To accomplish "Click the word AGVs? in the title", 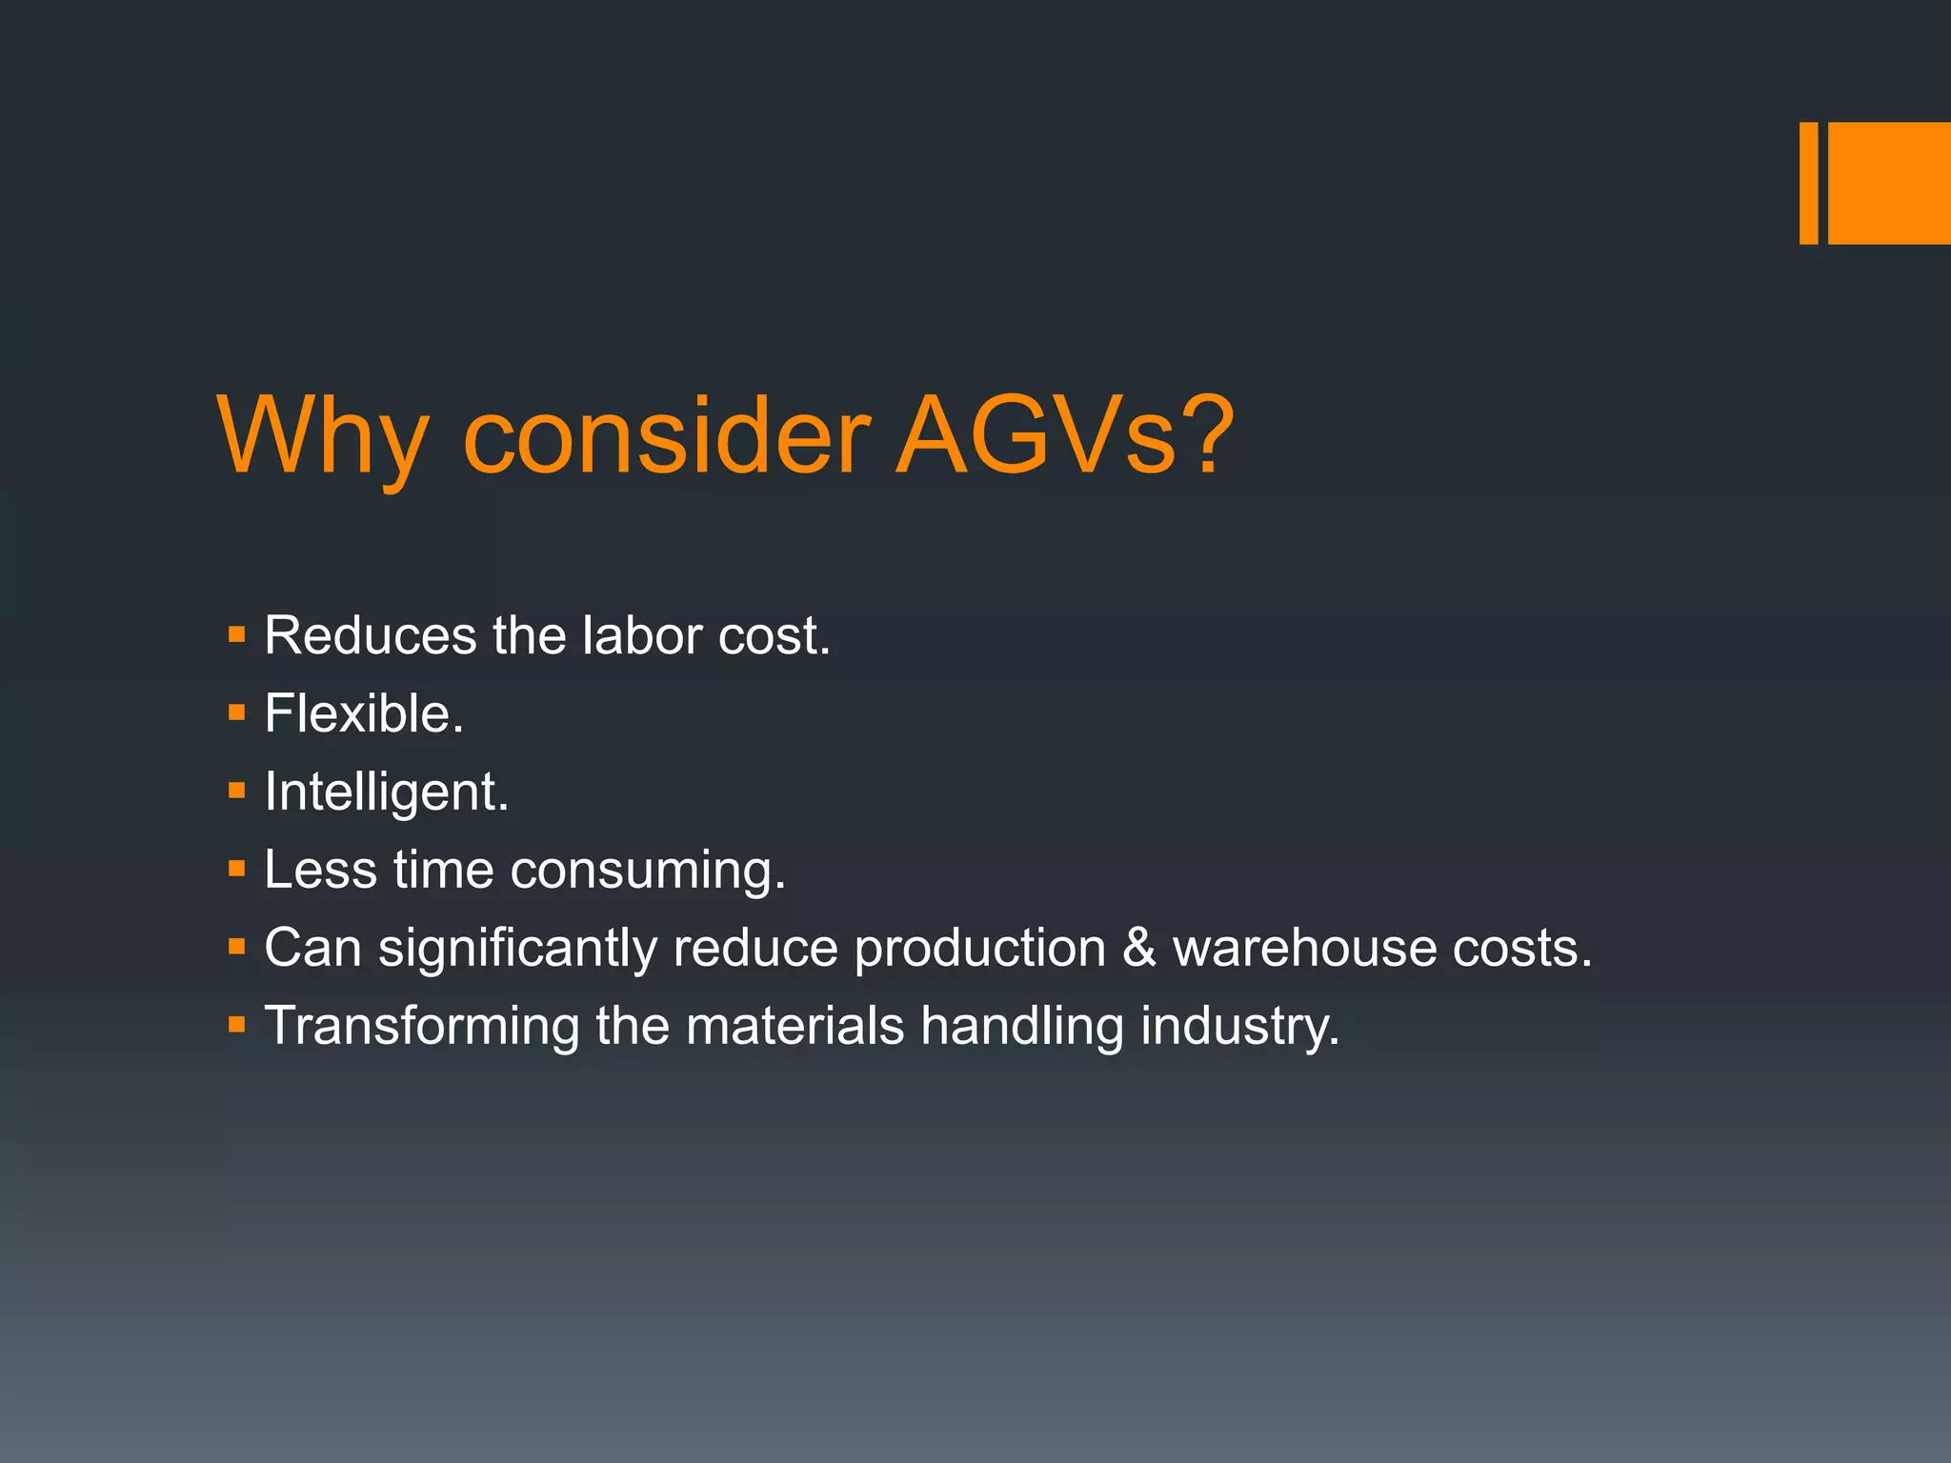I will click(x=1064, y=436).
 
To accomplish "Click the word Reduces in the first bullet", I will click(x=369, y=635).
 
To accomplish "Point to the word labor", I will click(x=642, y=635).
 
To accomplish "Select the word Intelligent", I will click(x=386, y=792).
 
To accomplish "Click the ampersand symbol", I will click(x=1138, y=948).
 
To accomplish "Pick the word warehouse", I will click(x=1303, y=948).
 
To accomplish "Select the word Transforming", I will click(x=421, y=1027).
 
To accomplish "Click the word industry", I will click(x=1239, y=1027).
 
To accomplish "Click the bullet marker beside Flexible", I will click(x=237, y=711).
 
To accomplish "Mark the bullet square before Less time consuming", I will click(x=237, y=868).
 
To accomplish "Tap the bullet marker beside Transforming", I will click(x=237, y=1025).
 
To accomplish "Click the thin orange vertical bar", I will click(x=1808, y=183).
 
